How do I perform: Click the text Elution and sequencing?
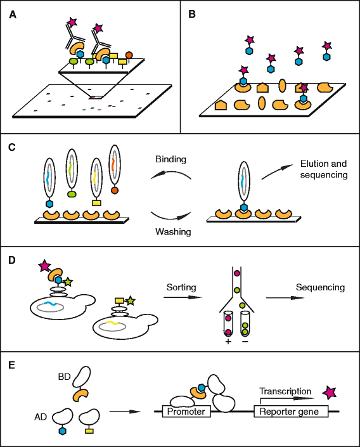click(x=323, y=169)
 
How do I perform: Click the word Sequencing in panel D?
click(x=321, y=287)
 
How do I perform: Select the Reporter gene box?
click(x=291, y=411)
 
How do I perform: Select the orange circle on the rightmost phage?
click(x=114, y=189)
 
